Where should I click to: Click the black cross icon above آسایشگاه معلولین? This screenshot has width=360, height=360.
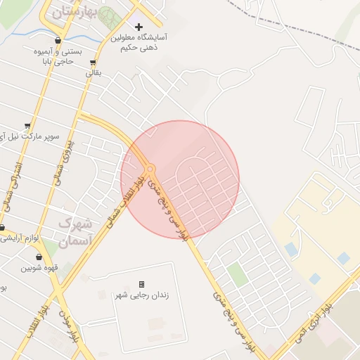coord(139,27)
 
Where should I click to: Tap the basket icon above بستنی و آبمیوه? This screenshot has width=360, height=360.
coord(57,40)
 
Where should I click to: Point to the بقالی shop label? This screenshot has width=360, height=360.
coord(94,72)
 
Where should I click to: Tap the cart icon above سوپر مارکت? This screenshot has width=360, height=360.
coord(27,125)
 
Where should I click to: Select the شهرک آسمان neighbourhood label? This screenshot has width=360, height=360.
coord(72,232)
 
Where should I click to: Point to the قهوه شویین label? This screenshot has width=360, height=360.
coord(38,268)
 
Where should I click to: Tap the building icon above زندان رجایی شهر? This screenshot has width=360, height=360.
coord(141,284)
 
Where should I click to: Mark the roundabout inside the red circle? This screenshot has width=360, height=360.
coord(150,168)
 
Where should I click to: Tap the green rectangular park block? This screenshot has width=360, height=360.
coord(237,274)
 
